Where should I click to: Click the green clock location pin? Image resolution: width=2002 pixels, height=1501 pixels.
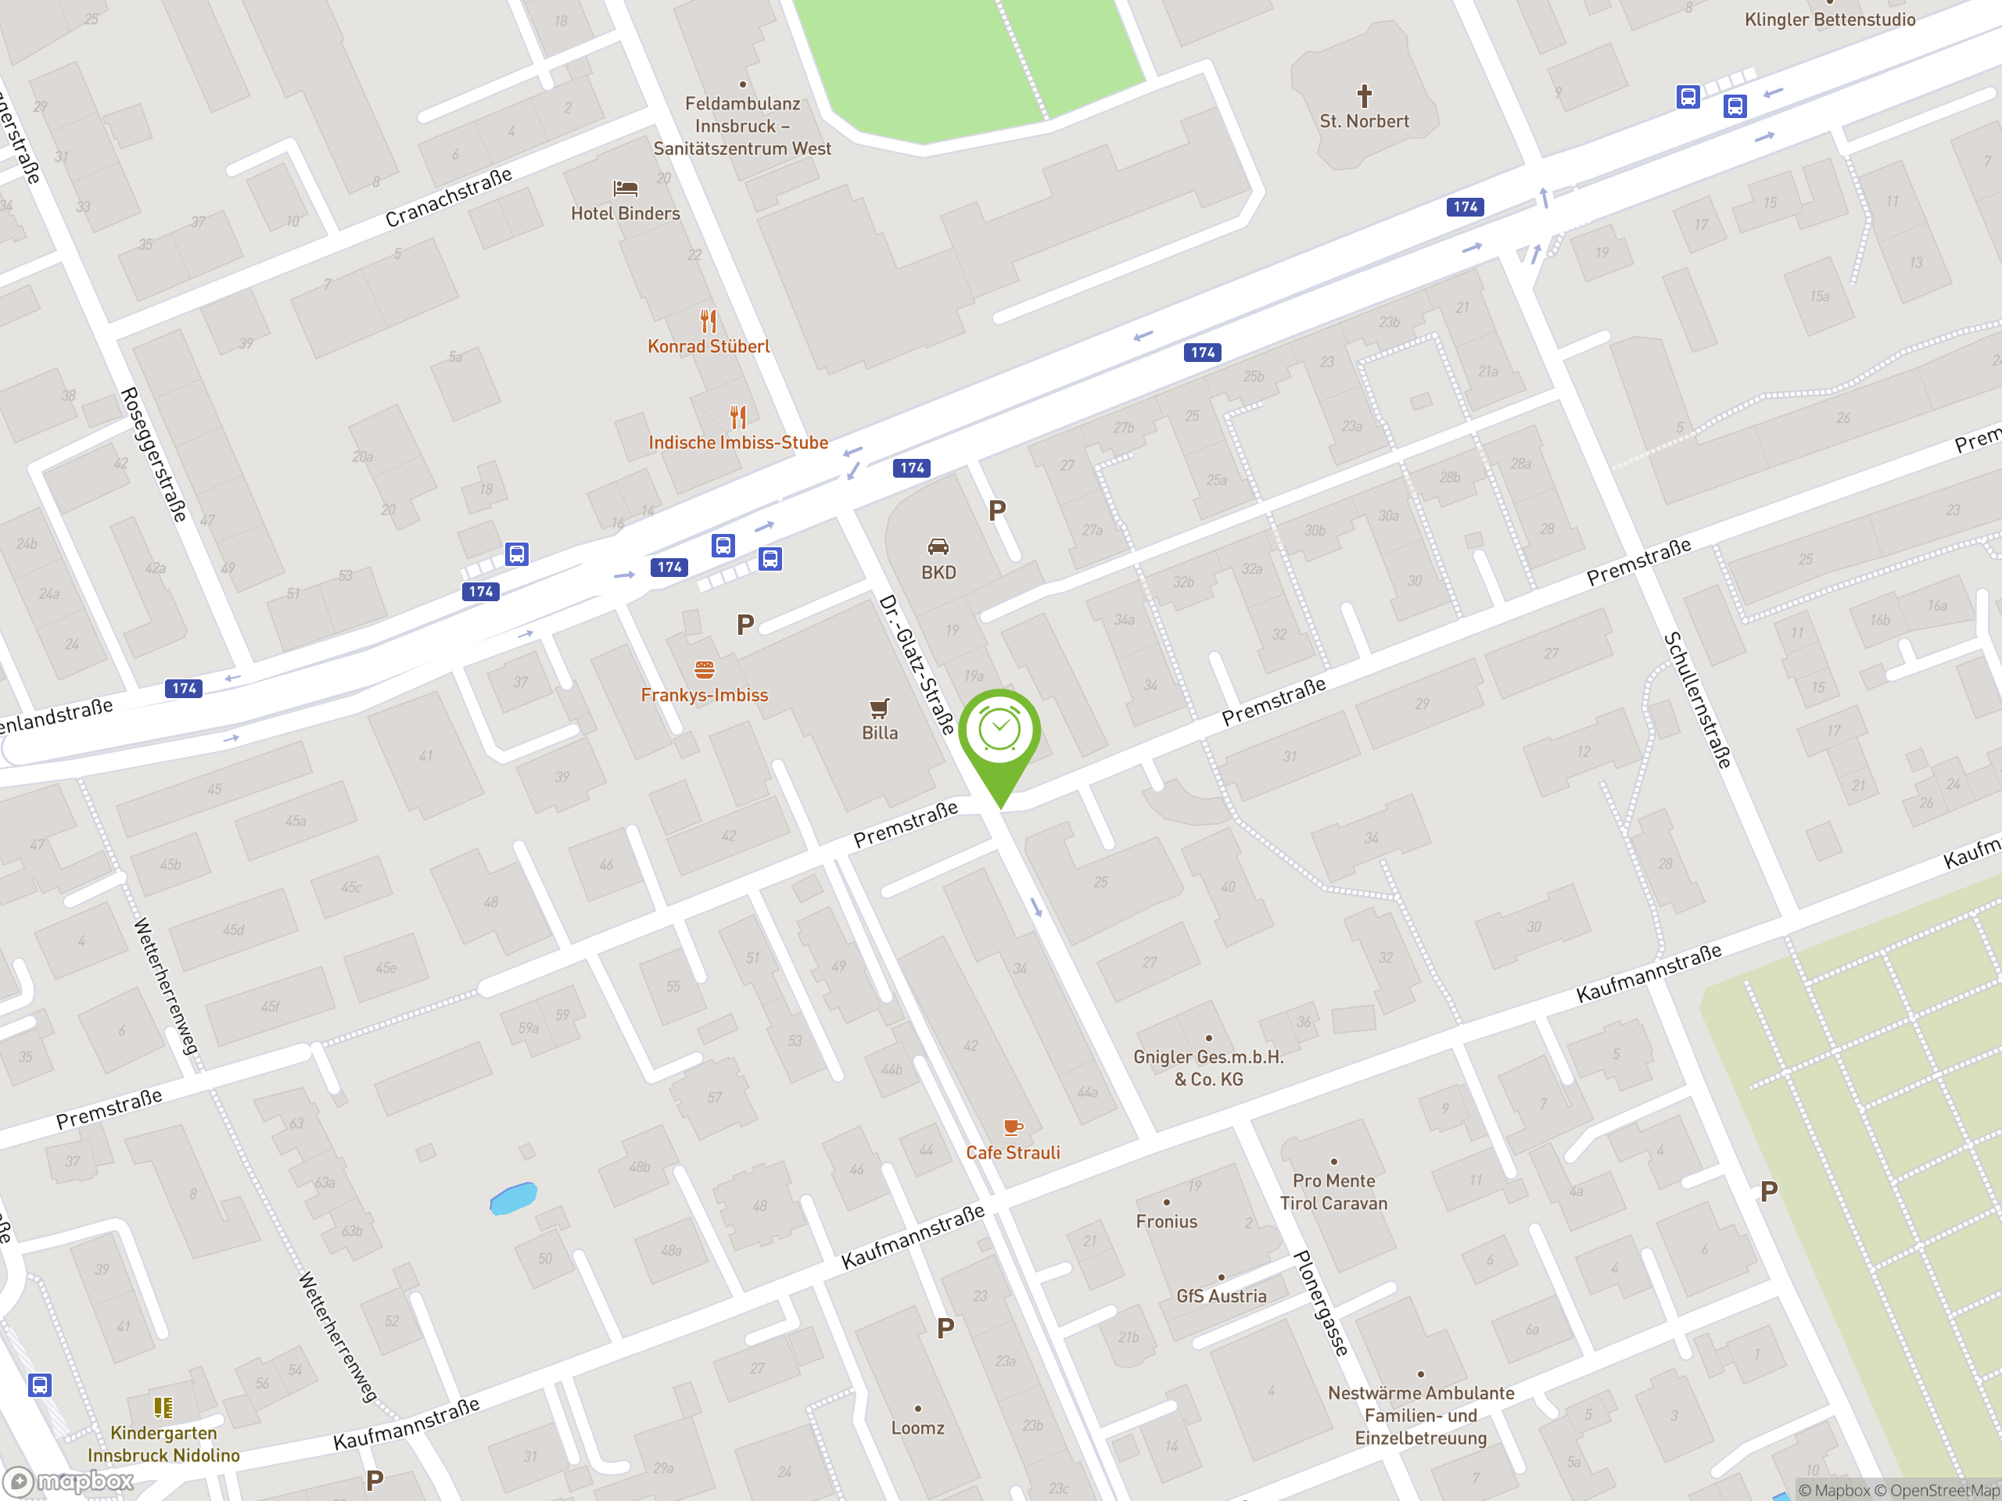tap(999, 733)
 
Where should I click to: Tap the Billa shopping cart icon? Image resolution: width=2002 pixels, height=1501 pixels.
tap(879, 708)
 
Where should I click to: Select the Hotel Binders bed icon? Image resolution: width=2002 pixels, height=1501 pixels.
tap(626, 188)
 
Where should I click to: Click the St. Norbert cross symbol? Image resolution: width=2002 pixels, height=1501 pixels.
tap(1364, 95)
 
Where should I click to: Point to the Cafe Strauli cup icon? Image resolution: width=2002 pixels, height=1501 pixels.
tap(1012, 1127)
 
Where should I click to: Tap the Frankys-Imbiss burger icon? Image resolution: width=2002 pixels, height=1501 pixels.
tap(704, 669)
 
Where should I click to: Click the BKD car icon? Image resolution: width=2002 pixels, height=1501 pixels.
tap(938, 546)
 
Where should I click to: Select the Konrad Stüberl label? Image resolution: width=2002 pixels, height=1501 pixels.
tap(708, 346)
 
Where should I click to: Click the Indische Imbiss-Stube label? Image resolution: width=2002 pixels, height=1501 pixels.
tap(737, 442)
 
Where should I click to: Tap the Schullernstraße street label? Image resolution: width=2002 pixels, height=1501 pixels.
tap(1697, 700)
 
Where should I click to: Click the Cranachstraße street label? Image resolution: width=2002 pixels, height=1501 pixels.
tap(448, 197)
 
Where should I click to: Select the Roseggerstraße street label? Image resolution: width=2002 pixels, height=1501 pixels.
tap(154, 454)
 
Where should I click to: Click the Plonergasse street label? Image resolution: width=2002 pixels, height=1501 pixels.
tap(1321, 1303)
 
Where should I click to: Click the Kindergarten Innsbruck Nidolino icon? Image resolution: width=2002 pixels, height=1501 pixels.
tap(163, 1407)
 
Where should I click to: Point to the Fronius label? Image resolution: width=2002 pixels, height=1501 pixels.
tap(1167, 1221)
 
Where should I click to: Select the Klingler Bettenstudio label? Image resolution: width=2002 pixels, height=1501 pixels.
tap(1829, 20)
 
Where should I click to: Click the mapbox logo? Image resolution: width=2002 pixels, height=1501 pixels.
tap(69, 1481)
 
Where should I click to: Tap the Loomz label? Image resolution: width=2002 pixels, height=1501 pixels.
tap(918, 1428)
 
